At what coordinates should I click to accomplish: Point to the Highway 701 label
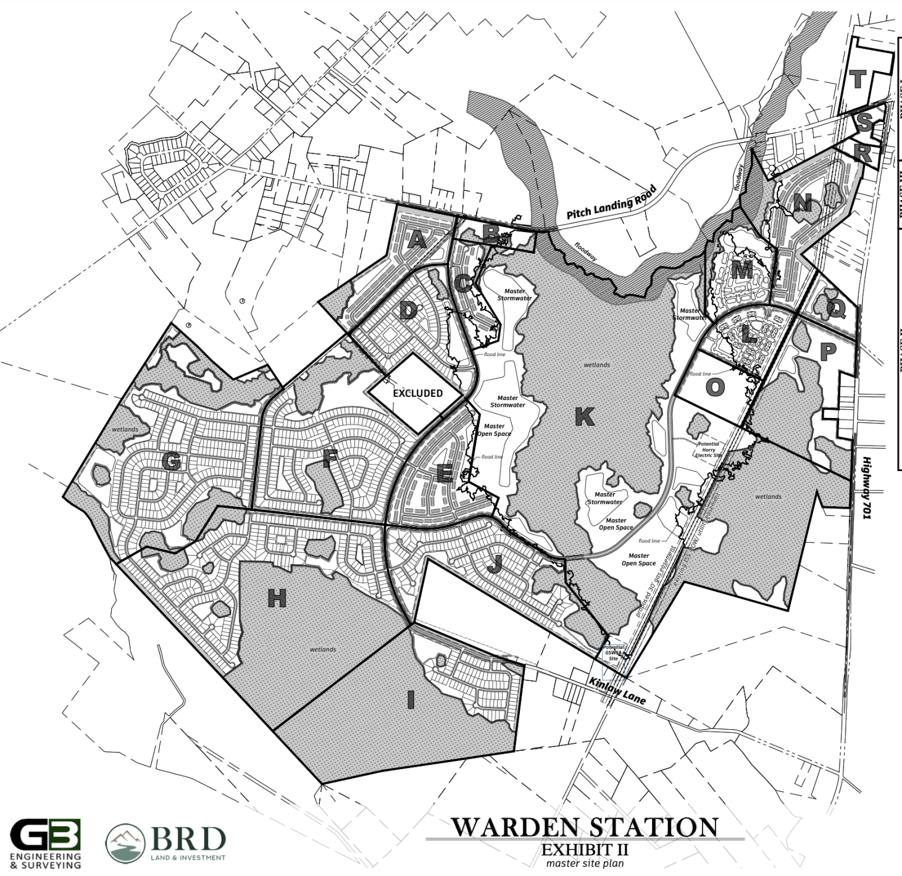pyautogui.click(x=866, y=487)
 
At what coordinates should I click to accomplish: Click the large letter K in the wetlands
pyautogui.click(x=584, y=417)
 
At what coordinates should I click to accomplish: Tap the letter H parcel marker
pyautogui.click(x=277, y=598)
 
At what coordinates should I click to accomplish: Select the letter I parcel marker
pyautogui.click(x=410, y=701)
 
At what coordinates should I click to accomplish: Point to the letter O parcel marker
pyautogui.click(x=714, y=388)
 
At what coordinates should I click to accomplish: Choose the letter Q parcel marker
pyautogui.click(x=835, y=310)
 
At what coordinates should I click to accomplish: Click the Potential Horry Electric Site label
pyautogui.click(x=708, y=449)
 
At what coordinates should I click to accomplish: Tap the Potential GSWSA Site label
pyautogui.click(x=614, y=653)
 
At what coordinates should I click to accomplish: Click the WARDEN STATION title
pyautogui.click(x=584, y=827)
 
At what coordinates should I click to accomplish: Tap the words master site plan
pyautogui.click(x=584, y=863)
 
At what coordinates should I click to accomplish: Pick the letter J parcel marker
pyautogui.click(x=494, y=565)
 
